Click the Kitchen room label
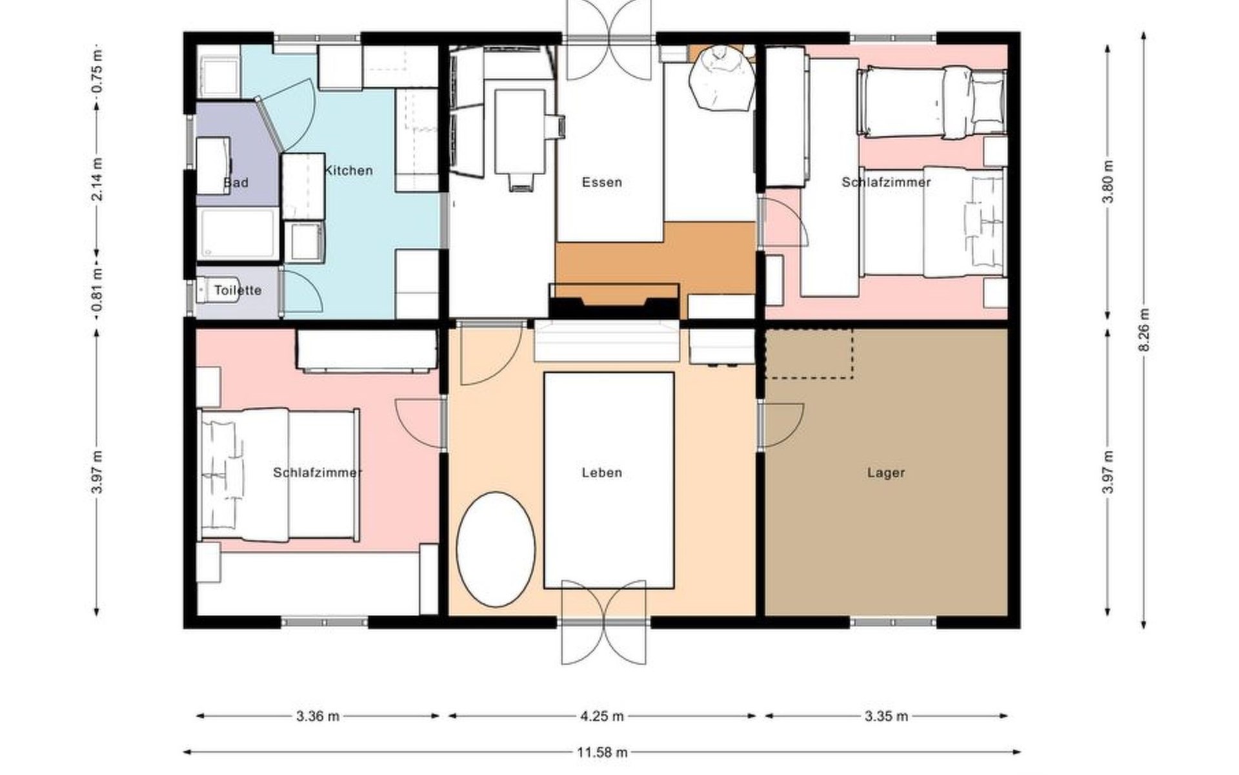point(348,170)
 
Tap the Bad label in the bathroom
point(236,183)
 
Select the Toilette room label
point(237,291)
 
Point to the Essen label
point(602,182)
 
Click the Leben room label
point(602,473)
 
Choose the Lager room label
point(886,473)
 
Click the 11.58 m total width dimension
point(602,752)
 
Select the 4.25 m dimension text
point(602,716)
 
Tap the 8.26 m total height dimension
point(1143,330)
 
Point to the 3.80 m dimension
point(1108,181)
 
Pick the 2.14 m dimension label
point(97,179)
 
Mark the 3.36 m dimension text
point(318,716)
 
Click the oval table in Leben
point(496,550)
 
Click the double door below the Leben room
point(603,623)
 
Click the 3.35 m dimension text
point(886,716)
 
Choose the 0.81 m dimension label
point(97,289)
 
